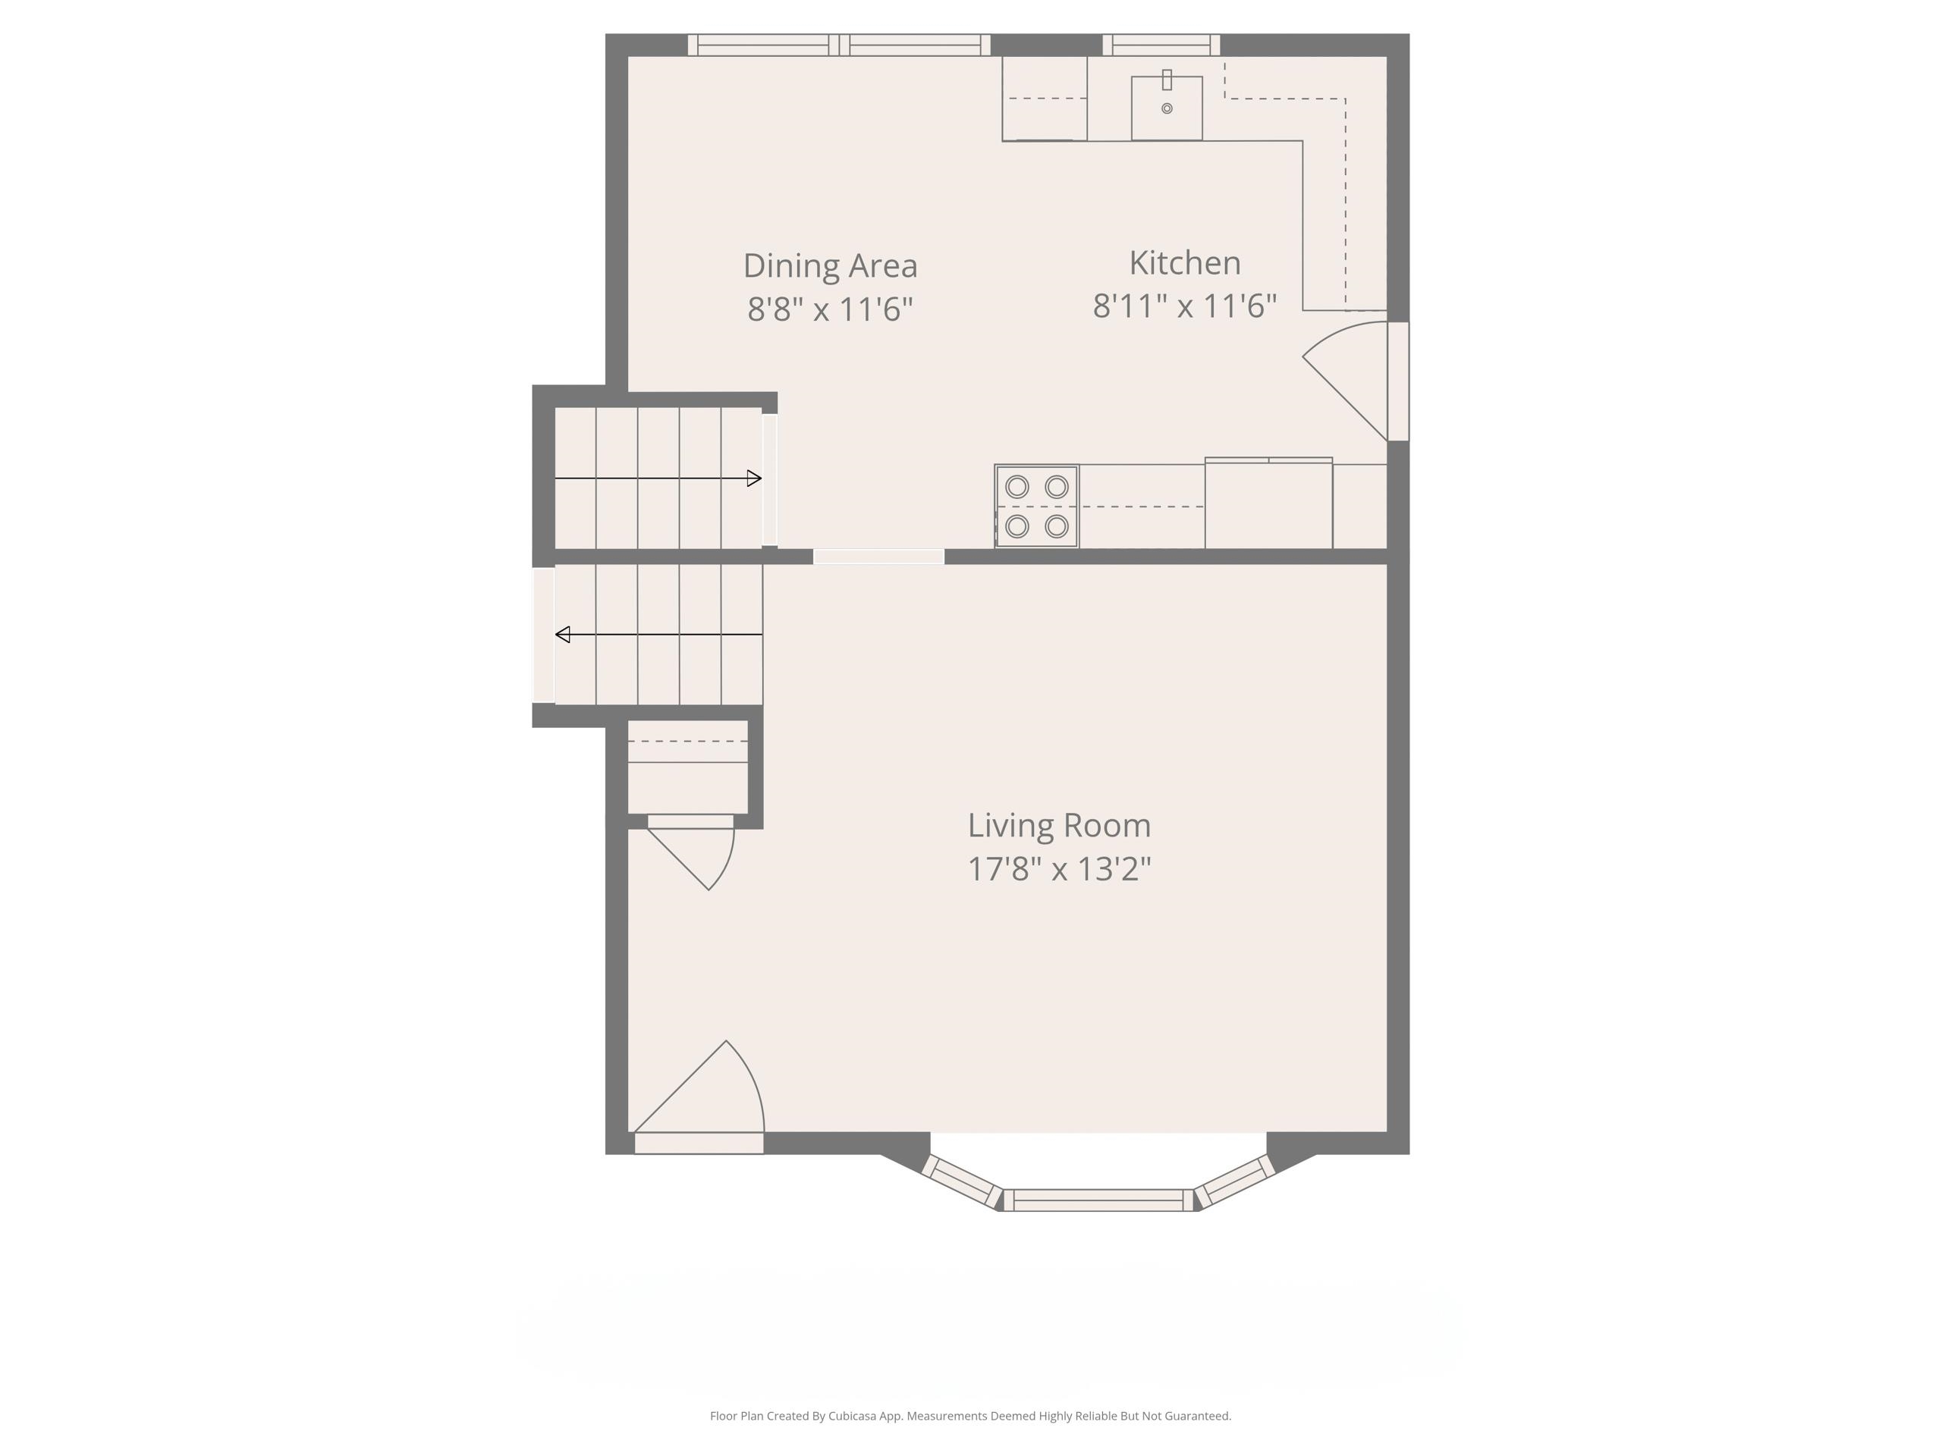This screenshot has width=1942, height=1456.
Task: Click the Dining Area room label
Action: coord(830,265)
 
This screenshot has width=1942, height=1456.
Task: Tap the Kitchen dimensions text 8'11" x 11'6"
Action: coord(1183,306)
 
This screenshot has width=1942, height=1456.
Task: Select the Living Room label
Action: coord(1059,825)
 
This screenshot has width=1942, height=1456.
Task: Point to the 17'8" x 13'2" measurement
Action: coord(1059,869)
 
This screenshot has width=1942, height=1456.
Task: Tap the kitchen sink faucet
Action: coord(1167,80)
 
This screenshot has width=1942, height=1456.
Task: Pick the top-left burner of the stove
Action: coord(1017,486)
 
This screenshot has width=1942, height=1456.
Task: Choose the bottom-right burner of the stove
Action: coord(1057,526)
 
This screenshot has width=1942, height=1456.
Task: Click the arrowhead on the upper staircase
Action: coord(753,479)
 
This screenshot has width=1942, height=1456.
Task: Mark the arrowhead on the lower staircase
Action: coord(563,635)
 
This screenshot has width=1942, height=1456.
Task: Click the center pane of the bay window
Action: coord(1098,1200)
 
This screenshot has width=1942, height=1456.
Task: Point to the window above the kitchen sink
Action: coord(1161,45)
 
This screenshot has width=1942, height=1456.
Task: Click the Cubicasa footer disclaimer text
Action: coord(970,1416)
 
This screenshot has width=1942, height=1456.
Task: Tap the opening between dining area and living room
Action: coord(878,557)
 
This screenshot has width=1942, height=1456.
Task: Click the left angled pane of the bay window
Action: coord(961,1181)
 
